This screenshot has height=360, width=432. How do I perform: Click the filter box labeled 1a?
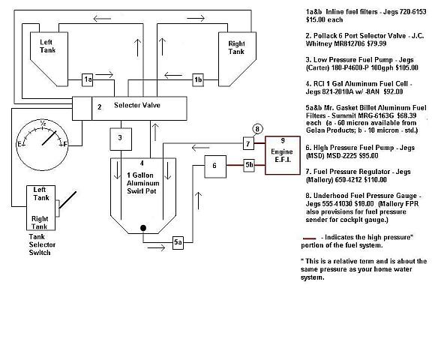point(88,80)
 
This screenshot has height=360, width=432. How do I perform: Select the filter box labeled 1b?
point(198,80)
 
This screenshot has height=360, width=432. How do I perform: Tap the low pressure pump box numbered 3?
point(121,139)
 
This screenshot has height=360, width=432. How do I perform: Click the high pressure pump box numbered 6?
point(215,166)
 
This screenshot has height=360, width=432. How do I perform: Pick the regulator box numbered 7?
point(248,143)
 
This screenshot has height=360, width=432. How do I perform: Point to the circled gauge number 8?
point(257,129)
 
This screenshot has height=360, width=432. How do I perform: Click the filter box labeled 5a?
point(178,243)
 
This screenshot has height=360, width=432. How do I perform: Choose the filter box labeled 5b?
point(249,165)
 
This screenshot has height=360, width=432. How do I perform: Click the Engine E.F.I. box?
point(283,155)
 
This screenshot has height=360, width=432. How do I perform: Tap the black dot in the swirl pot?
point(143,228)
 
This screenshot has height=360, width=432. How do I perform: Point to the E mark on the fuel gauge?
point(19,144)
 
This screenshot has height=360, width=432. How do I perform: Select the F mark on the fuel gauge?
point(65,144)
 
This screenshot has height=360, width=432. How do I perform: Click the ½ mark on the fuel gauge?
point(43,123)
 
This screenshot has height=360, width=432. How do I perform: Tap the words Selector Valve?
point(137,105)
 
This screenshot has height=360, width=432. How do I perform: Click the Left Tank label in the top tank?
point(47,46)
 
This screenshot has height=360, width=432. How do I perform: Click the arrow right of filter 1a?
point(104,75)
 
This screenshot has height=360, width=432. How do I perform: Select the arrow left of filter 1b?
point(173,75)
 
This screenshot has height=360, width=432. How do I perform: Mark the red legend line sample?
point(309,238)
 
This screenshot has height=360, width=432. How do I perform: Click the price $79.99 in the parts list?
point(376,43)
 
